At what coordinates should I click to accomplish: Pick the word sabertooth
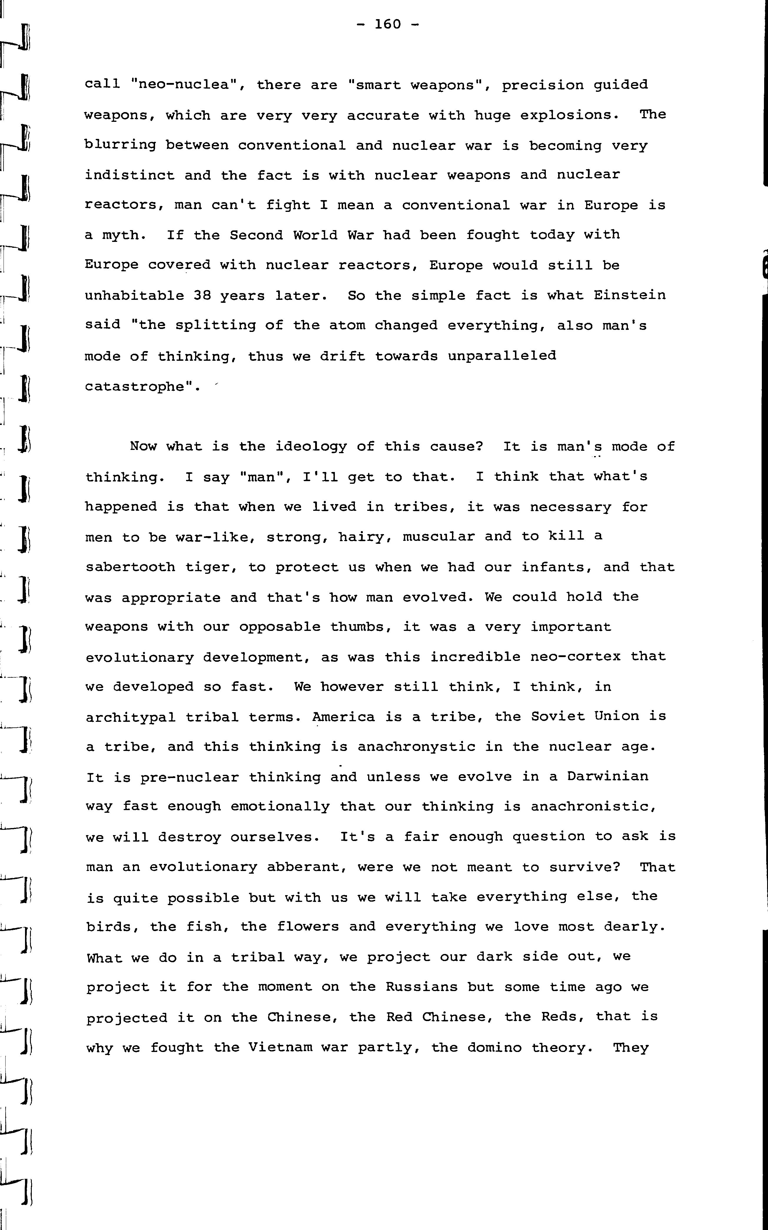[130, 567]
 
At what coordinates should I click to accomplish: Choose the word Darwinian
[608, 777]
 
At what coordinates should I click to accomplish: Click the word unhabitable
[134, 295]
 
